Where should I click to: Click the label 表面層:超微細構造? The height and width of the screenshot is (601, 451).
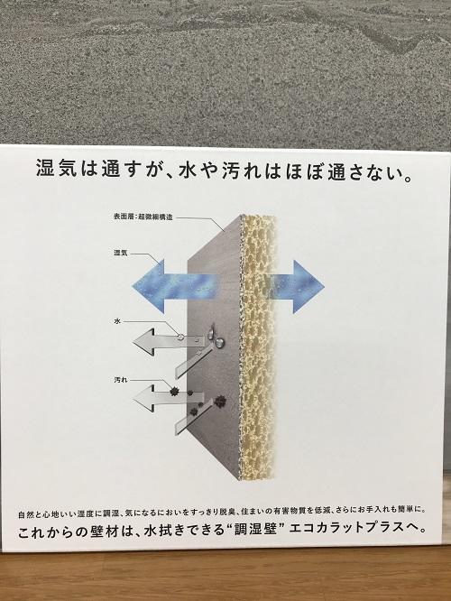(143, 217)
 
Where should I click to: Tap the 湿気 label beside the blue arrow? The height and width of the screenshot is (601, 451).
(120, 253)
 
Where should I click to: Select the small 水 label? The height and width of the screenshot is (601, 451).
(117, 321)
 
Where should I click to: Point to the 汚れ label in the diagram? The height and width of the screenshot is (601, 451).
(120, 380)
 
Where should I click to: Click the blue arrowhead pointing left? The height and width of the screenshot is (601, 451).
(149, 286)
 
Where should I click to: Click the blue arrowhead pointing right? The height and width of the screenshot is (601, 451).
(308, 286)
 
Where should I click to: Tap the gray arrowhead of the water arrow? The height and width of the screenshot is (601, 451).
(143, 342)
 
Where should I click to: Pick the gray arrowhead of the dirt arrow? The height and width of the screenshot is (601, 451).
(143, 399)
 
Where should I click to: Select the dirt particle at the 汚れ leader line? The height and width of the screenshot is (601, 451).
(174, 391)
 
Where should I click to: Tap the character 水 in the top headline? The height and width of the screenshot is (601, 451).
(188, 169)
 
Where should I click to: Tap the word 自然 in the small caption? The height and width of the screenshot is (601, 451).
(25, 513)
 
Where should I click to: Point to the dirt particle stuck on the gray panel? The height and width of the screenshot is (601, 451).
(219, 401)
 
